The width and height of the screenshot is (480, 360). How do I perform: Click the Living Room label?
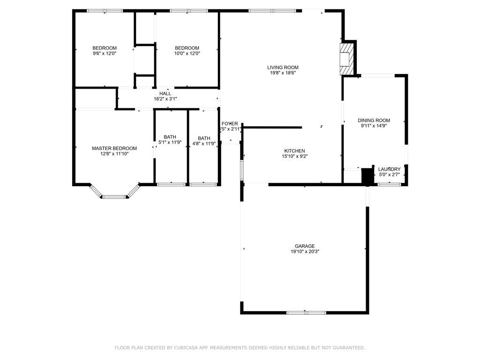pyautogui.click(x=283, y=67)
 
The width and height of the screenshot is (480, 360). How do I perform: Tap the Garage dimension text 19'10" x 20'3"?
pyautogui.click(x=305, y=252)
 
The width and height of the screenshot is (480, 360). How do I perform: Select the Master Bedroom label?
pyautogui.click(x=114, y=149)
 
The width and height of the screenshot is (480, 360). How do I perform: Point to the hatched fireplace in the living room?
pyautogui.click(x=346, y=59)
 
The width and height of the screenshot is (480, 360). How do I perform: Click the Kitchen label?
pyautogui.click(x=294, y=151)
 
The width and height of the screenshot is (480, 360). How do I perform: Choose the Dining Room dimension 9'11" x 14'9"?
pyautogui.click(x=374, y=126)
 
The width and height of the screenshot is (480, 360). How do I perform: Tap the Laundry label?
pyautogui.click(x=390, y=169)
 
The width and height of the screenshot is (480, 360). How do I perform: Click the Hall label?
pyautogui.click(x=165, y=93)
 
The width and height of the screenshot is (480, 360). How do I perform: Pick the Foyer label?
pyautogui.click(x=230, y=124)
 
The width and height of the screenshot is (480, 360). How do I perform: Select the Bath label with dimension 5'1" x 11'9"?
pyautogui.click(x=170, y=137)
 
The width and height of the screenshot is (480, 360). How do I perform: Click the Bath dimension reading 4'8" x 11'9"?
pyautogui.click(x=204, y=143)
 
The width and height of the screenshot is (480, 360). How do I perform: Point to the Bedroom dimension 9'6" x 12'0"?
pyautogui.click(x=105, y=53)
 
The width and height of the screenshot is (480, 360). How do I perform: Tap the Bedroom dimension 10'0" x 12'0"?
pyautogui.click(x=187, y=53)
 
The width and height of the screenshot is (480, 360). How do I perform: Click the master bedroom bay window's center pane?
pyautogui.click(x=114, y=197)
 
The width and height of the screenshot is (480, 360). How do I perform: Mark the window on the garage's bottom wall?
pyautogui.click(x=306, y=313)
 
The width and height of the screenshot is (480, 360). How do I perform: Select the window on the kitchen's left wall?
pyautogui.click(x=242, y=170)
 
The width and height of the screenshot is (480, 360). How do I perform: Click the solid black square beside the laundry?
pyautogui.click(x=367, y=176)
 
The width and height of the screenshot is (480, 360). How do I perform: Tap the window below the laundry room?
pyautogui.click(x=389, y=184)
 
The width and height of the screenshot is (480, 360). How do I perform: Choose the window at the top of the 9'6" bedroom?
pyautogui.click(x=105, y=11)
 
